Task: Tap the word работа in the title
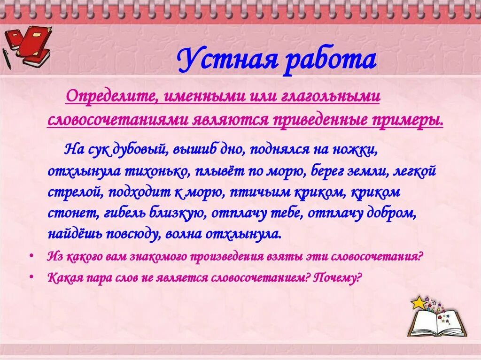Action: click(331, 61)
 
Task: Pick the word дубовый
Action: click(140, 150)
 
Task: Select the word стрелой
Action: click(70, 192)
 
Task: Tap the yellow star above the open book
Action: click(418, 303)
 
